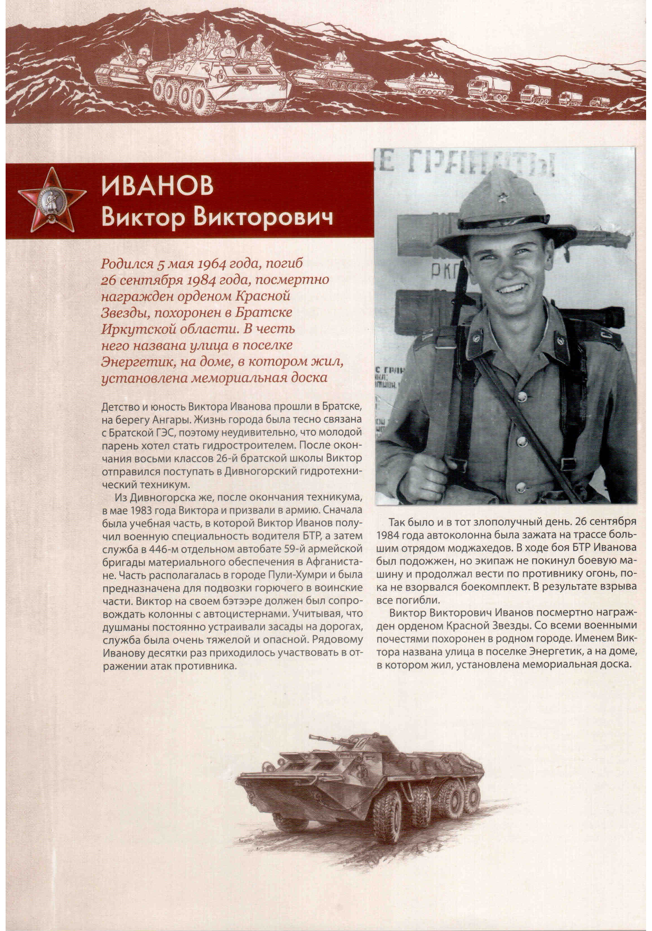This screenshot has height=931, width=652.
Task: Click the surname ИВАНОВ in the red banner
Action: click(157, 186)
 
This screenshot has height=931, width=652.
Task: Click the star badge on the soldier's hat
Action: click(504, 198)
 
